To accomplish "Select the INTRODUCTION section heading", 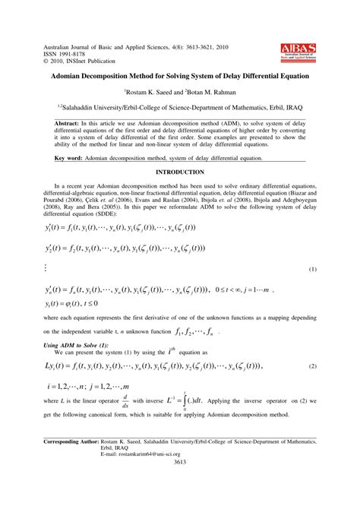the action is coord(180,172).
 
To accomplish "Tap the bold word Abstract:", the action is coord(71,122).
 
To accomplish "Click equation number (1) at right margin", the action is coord(312,269).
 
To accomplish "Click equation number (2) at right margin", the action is coord(312,367).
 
